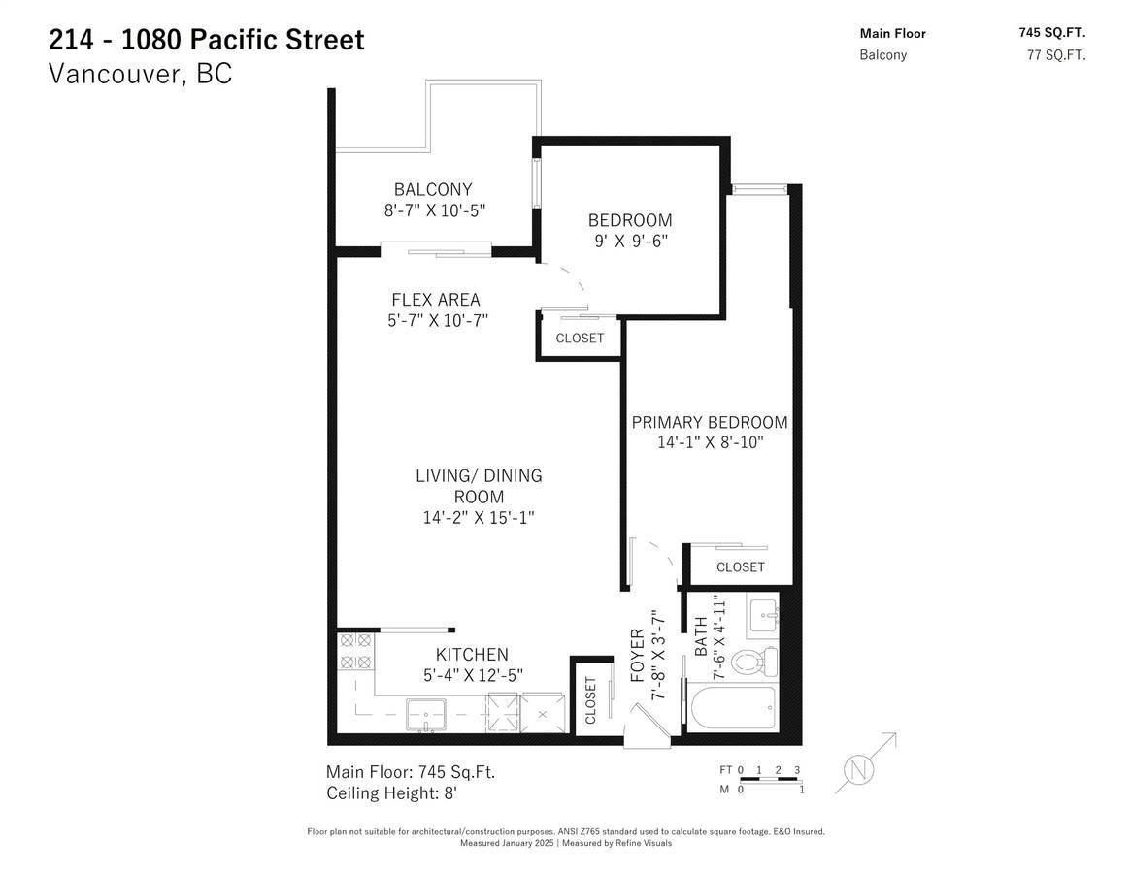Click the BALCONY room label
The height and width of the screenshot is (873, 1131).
coord(433,189)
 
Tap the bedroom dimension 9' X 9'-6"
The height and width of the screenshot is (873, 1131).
coord(630,241)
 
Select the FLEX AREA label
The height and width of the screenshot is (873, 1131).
coord(436,299)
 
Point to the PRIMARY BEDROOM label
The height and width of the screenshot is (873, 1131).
coord(710,423)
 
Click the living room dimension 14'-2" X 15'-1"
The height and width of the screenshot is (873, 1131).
coord(479,518)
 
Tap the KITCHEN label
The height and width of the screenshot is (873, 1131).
coord(472,655)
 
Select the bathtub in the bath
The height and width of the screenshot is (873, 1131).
coord(733,708)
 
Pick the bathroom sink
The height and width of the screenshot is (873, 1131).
coord(762,617)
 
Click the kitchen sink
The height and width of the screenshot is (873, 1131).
coord(425,714)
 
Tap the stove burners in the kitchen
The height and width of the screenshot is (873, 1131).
coord(356,650)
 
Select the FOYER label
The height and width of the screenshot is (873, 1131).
coord(638,656)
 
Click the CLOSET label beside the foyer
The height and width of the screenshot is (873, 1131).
coord(591,700)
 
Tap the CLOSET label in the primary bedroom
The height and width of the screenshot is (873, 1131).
coord(740,567)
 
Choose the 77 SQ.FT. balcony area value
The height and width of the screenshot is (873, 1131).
coord(1056,54)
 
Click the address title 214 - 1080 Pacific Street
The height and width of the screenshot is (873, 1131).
coord(206,39)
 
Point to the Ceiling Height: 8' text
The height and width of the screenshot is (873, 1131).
coord(392,793)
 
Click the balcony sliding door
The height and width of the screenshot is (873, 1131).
coord(436,250)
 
